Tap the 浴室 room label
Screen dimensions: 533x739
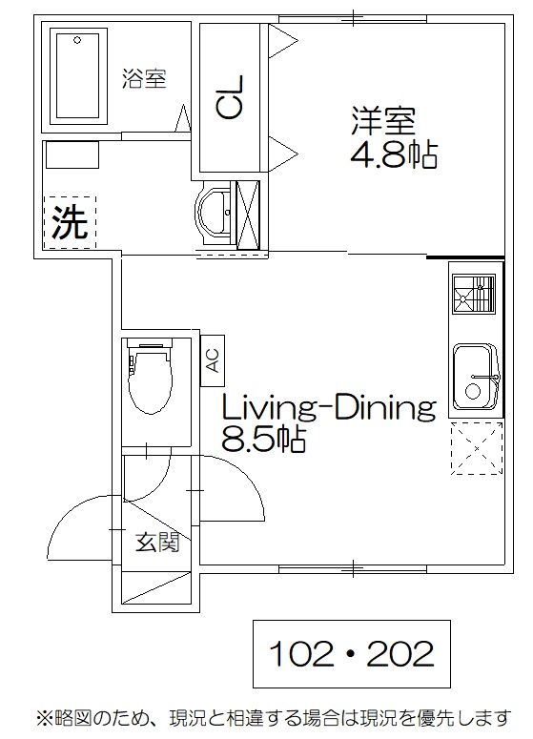coord(144,78)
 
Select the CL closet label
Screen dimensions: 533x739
coord(230,97)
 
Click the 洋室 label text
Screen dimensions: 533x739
coord(383,121)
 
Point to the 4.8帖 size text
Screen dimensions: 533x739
coord(394,154)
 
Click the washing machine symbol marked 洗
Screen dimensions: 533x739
coord(70,222)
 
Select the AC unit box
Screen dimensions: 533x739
coord(213,360)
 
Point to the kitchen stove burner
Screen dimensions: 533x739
coord(474,294)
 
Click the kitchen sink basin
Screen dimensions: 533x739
coord(475,377)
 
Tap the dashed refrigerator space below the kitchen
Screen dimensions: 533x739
coord(477,448)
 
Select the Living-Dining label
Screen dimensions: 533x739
coord(328,408)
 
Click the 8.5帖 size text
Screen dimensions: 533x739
coord(264,440)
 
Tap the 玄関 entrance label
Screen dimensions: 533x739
coord(157,543)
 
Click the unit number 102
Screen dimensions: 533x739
coord(301,654)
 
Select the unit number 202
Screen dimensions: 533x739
coord(400,654)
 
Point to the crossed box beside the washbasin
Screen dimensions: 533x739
coord(248,215)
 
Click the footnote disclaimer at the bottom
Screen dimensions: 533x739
coord(274,718)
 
